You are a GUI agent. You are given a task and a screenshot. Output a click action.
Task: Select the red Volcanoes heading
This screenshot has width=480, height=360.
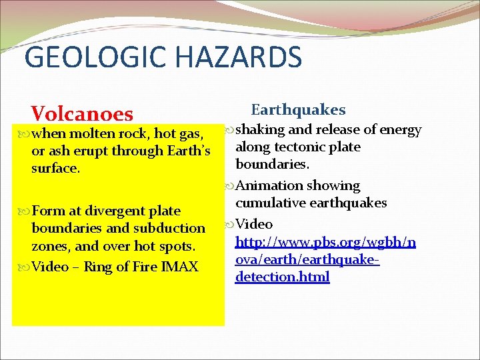(82, 114)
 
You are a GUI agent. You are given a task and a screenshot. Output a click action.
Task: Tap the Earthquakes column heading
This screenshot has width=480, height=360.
(298, 109)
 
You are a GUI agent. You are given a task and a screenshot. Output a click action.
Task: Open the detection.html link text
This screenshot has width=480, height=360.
(282, 277)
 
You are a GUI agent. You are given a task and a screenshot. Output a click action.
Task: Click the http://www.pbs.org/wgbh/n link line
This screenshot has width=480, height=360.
(325, 242)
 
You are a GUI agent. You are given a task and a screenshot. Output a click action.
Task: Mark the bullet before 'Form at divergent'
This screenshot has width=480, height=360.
(25, 211)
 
